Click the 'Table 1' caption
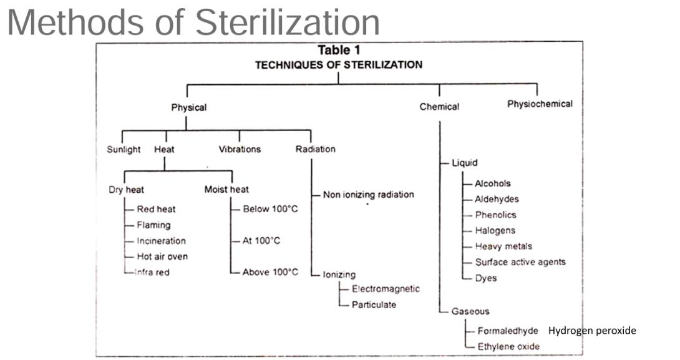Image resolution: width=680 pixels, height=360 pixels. [x=339, y=51]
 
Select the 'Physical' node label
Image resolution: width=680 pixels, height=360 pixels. [x=188, y=107]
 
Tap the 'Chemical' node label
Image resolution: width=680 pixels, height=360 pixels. [x=439, y=107]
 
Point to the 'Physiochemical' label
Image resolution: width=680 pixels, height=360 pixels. [x=540, y=104]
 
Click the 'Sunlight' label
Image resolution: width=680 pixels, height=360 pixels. [x=124, y=150]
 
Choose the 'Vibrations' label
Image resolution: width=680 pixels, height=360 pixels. [x=240, y=150]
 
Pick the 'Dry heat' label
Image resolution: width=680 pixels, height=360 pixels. [x=126, y=190]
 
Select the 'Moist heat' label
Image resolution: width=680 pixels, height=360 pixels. [x=226, y=190]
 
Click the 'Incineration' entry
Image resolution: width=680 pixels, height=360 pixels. [x=161, y=241]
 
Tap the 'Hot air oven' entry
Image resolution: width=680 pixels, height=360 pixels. [x=162, y=256]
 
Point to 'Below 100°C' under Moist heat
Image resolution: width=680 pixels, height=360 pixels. [x=270, y=209]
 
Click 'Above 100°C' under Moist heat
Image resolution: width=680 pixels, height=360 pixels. [x=270, y=272]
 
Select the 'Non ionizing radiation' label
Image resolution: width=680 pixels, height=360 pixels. [x=368, y=195]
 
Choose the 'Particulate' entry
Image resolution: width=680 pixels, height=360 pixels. [x=374, y=305]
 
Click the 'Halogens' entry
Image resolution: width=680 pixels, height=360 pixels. [x=495, y=231]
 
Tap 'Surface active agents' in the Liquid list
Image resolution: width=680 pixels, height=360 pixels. [x=520, y=262]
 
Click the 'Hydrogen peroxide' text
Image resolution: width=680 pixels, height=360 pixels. [x=592, y=331]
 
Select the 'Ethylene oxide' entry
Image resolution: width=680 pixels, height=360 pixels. [x=508, y=347]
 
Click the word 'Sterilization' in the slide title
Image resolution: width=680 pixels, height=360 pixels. [x=287, y=22]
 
